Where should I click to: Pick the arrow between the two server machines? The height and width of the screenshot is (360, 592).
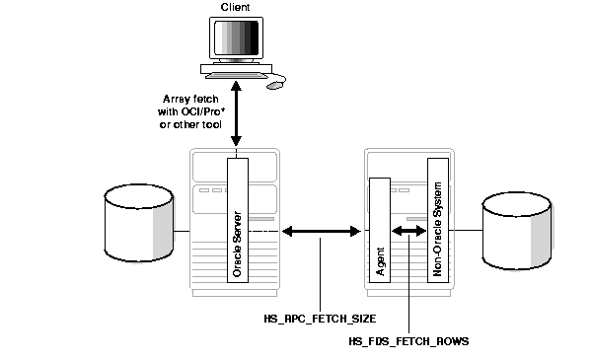[321, 233]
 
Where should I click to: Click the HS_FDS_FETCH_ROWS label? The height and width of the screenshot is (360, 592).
[408, 340]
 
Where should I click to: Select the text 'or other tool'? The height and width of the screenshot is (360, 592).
[190, 124]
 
